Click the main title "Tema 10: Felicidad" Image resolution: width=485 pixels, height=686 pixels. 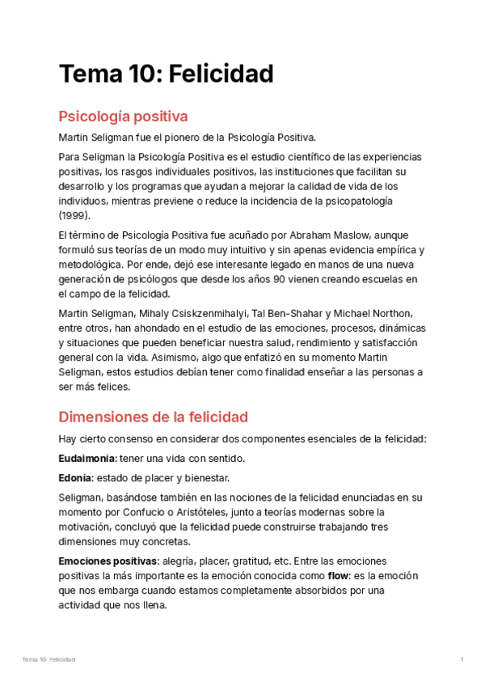(x=166, y=74)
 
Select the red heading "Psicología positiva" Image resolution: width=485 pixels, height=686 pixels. (x=123, y=116)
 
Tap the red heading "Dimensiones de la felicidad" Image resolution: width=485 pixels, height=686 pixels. (x=153, y=417)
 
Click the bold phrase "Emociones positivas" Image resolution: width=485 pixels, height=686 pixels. (x=108, y=561)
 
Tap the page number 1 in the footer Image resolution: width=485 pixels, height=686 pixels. (x=462, y=660)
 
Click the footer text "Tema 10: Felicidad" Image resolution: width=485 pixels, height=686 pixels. (x=48, y=660)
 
